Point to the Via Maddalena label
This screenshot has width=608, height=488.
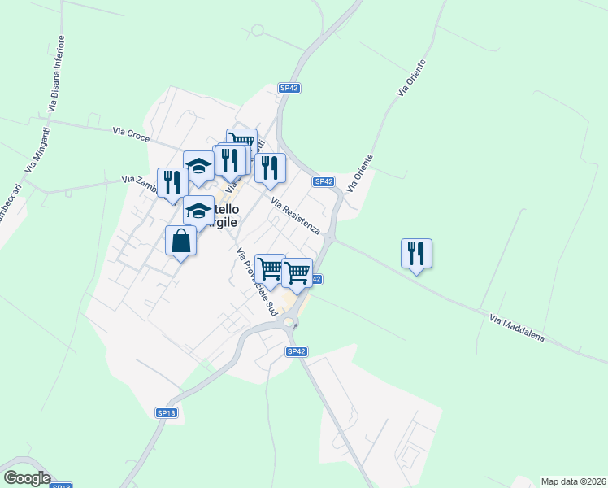coord(517,329)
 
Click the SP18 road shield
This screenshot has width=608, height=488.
coord(166,413)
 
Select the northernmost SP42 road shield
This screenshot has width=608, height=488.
coord(289,88)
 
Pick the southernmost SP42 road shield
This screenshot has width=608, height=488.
coord(296,351)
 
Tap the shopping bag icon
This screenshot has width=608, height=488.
coord(180,241)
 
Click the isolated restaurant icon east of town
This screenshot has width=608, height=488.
coord(416,253)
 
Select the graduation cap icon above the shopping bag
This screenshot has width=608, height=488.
coord(198,211)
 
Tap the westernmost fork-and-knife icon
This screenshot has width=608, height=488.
coord(172,181)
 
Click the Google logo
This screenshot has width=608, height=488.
coord(27,478)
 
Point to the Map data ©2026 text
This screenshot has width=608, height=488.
coord(574,481)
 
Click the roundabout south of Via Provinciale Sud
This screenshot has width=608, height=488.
coord(289,323)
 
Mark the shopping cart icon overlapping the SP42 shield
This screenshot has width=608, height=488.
coord(297,272)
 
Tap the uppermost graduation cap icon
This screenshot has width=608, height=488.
coord(198,166)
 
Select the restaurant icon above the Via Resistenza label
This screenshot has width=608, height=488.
coord(270,168)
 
